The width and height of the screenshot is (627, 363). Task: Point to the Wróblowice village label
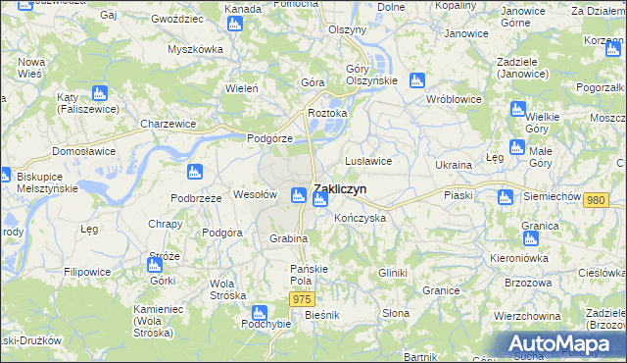(452, 99)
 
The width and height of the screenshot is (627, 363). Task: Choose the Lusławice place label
(368, 160)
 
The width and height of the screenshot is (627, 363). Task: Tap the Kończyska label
(360, 217)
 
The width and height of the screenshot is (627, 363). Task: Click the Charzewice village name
(168, 125)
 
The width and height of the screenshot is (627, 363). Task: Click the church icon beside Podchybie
(259, 313)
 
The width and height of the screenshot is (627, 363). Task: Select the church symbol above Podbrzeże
(195, 173)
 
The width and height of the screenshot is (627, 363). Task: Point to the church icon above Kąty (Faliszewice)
(98, 93)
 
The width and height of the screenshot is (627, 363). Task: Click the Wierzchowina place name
(527, 316)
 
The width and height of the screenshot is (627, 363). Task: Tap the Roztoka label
(328, 113)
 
